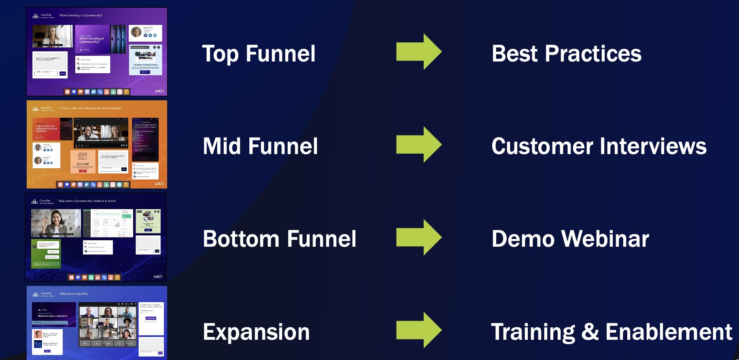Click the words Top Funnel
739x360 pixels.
point(259,54)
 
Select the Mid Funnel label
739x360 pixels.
point(260,146)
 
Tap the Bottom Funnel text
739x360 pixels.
point(279,239)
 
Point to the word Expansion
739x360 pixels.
point(256,332)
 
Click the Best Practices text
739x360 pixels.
point(566,54)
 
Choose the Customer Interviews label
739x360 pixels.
point(599,146)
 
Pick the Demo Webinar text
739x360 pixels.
point(570,239)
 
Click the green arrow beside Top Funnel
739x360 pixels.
point(418,52)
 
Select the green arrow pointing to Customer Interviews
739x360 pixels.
point(418,144)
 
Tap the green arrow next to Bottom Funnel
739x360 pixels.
point(418,237)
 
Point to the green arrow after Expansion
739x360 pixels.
point(418,330)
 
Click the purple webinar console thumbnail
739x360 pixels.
point(97,51)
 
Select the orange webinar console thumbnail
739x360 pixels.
point(97,144)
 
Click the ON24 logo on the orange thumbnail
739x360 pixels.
point(159,184)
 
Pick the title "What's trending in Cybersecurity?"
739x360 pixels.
point(81,15)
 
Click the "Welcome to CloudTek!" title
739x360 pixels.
point(74,294)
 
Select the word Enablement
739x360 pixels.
point(669,332)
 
